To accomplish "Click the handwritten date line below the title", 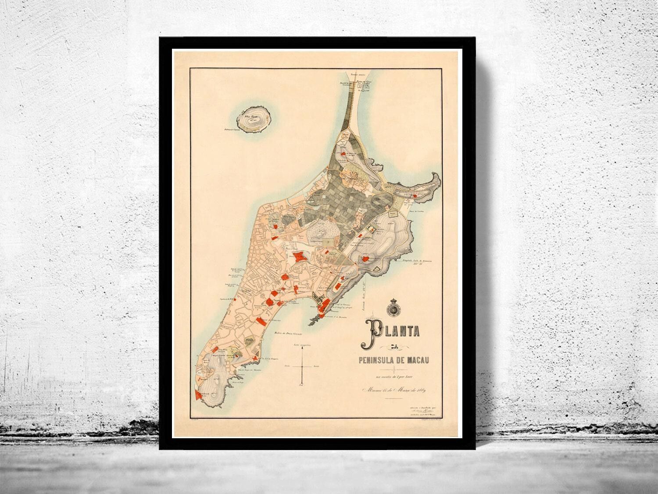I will pyautogui.click(x=394, y=390).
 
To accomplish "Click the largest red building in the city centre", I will pyautogui.click(x=300, y=257).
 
